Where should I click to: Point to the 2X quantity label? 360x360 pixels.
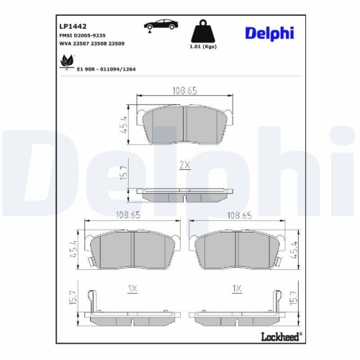pyautogui.click(x=184, y=165)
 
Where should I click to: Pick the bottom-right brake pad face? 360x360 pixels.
pyautogui.click(x=238, y=250)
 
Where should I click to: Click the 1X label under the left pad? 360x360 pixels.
pyautogui.click(x=131, y=289)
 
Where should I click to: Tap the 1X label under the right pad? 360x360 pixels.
pyautogui.click(x=235, y=289)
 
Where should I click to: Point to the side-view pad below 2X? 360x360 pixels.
pyautogui.click(x=184, y=193)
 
